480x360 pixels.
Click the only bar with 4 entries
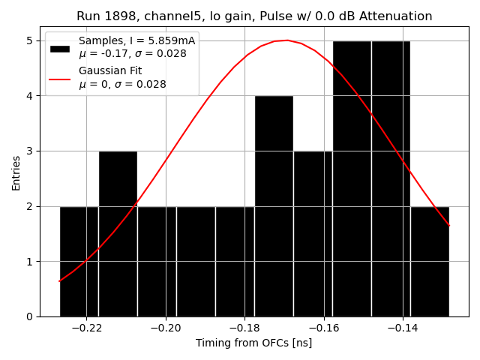pyautogui.click(x=274, y=205)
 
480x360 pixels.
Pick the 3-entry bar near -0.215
pyautogui.click(x=118, y=233)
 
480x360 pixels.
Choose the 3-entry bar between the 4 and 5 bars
pyautogui.click(x=313, y=233)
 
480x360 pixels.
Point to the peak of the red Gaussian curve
pyautogui.click(x=286, y=40)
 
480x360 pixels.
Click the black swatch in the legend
pyautogui.click(x=60, y=48)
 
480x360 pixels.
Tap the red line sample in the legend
pyautogui.click(x=60, y=78)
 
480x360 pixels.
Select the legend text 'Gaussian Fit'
pyautogui.click(x=109, y=70)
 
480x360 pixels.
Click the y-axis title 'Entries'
pyautogui.click(x=16, y=172)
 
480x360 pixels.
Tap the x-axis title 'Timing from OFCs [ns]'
pyautogui.click(x=253, y=343)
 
